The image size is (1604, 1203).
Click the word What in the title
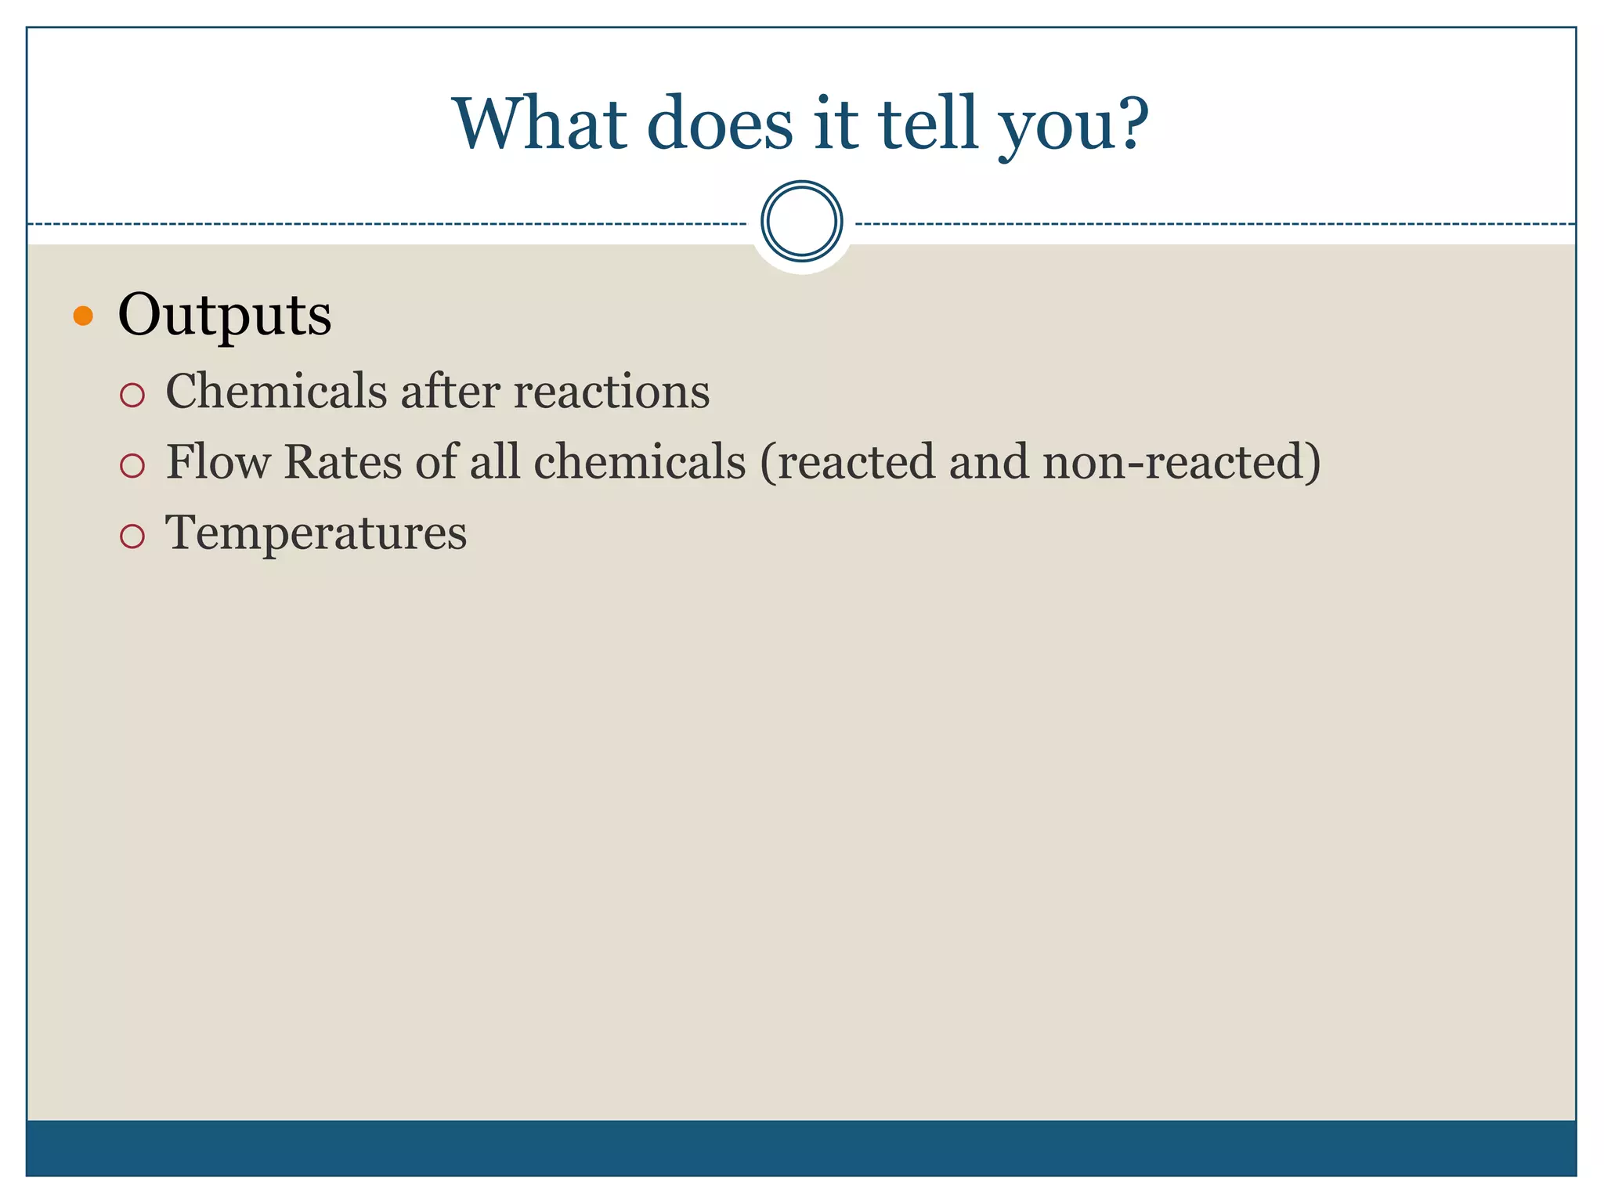540,124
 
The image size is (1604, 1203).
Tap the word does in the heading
720,124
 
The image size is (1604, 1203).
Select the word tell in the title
928,124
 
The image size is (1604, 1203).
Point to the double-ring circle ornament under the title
801,222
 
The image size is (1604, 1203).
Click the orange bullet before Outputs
83,316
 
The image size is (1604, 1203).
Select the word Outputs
225,316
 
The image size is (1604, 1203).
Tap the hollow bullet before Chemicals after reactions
132,395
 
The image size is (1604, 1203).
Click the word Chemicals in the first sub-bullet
276,391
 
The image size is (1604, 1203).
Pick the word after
450,391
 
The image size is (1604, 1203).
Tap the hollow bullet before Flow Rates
132,466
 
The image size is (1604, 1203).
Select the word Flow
218,461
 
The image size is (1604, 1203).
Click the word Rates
342,461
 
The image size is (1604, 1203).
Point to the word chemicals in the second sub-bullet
639,461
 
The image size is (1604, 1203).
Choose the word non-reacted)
1181,461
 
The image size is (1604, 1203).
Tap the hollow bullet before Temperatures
132,536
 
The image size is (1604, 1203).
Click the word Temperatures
316,533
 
